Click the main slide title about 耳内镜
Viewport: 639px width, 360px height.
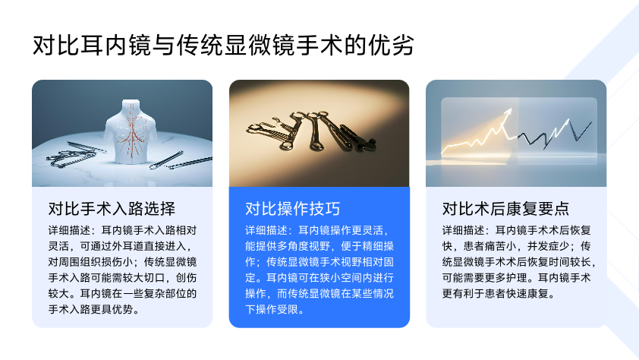(223, 45)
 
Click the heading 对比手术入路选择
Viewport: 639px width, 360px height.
(112, 209)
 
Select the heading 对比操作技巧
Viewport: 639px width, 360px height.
(293, 209)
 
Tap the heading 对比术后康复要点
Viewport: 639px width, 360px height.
(505, 209)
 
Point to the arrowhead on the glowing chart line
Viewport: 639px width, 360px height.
(508, 112)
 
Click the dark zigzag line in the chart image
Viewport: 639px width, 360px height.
(555, 132)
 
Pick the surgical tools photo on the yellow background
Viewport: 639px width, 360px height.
(319, 134)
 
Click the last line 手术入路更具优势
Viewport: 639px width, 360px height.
(94, 309)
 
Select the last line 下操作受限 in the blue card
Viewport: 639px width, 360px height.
(275, 309)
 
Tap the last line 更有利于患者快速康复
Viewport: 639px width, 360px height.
(499, 294)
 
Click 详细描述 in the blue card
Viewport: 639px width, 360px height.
(266, 230)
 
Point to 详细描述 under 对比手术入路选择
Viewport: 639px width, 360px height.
(69, 230)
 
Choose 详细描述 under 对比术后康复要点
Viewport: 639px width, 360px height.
(464, 230)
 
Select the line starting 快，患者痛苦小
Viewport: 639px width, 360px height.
(516, 246)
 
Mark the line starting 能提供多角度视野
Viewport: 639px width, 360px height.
(319, 246)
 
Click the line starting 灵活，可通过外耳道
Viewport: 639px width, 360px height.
(120, 246)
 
